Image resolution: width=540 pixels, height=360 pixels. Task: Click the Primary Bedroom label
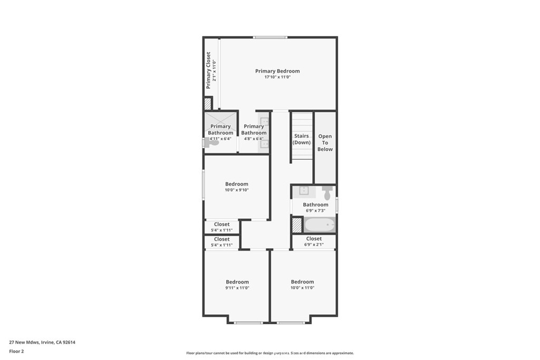277,71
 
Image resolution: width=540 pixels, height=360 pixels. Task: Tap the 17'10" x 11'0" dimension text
277,77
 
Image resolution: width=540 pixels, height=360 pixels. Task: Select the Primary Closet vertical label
208,70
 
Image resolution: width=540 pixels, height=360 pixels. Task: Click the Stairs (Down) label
302,139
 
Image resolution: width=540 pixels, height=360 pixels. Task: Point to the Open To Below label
325,143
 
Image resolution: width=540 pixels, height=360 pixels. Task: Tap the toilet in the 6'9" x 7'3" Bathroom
327,192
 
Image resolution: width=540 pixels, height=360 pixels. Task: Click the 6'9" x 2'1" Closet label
314,239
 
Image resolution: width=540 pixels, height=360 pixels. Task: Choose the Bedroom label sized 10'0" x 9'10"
236,184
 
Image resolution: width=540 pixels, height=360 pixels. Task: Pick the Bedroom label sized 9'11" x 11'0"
237,281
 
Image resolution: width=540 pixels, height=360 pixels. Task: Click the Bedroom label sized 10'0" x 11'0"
302,281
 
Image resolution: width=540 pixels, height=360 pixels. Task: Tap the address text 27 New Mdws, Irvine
42,342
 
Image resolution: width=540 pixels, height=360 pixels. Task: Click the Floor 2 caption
16,351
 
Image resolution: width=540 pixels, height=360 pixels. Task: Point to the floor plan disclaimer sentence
269,353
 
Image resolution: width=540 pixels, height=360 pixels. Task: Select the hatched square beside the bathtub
297,225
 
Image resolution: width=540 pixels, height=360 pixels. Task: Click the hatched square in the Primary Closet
208,103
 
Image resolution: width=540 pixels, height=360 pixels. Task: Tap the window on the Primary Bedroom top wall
269,37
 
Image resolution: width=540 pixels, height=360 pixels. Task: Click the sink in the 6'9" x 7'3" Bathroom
304,191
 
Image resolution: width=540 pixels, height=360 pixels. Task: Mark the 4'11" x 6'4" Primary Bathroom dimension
220,139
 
